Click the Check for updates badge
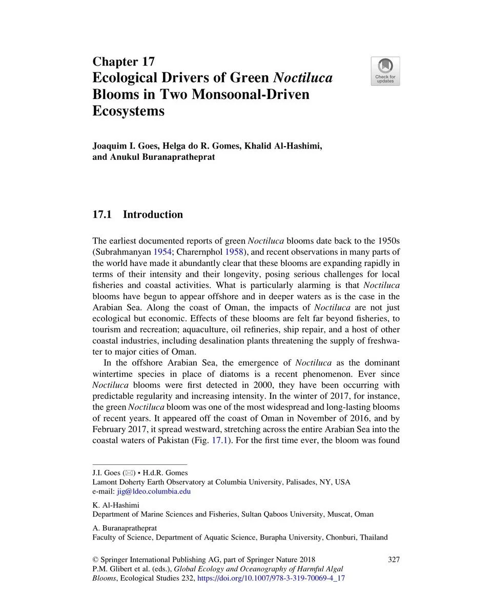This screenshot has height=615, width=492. [385, 71]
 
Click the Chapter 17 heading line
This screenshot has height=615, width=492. [124, 62]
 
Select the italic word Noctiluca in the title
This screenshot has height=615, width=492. [303, 78]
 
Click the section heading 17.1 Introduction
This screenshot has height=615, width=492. [137, 214]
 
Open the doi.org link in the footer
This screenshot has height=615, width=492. [271, 578]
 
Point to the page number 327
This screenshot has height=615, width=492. [394, 559]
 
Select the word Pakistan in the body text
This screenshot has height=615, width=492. [177, 440]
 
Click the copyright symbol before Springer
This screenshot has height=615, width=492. [95, 559]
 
